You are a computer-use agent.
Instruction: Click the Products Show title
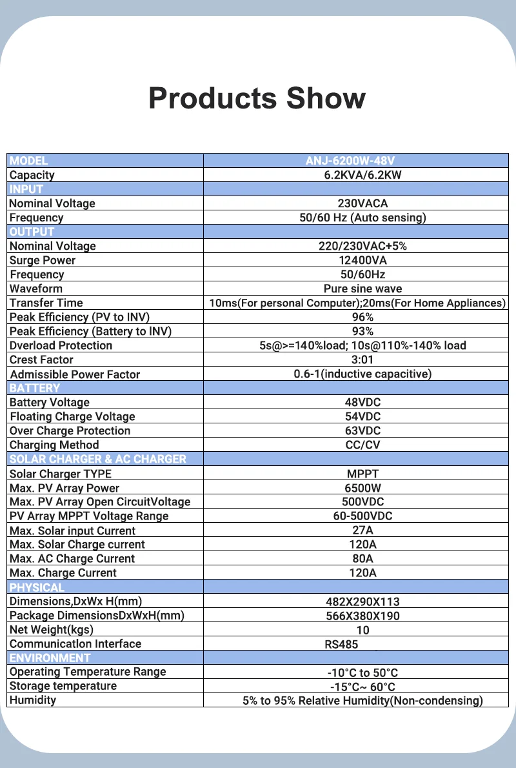pyautogui.click(x=257, y=98)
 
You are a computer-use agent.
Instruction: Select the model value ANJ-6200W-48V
pyautogui.click(x=359, y=161)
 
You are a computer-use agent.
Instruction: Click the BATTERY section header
pyautogui.click(x=35, y=388)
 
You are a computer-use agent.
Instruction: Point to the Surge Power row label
pyautogui.click(x=43, y=260)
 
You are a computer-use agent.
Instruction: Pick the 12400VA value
pyautogui.click(x=362, y=260)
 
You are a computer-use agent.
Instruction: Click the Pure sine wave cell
pyautogui.click(x=362, y=288)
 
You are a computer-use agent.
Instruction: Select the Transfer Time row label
pyautogui.click(x=46, y=303)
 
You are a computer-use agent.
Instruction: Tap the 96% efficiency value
pyautogui.click(x=362, y=317)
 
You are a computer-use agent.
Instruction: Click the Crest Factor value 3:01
pyautogui.click(x=362, y=359)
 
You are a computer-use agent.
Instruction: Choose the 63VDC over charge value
pyautogui.click(x=362, y=430)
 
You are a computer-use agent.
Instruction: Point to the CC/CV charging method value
pyautogui.click(x=362, y=445)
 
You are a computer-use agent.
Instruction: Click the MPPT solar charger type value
pyautogui.click(x=362, y=474)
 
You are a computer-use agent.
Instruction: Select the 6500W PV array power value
pyautogui.click(x=362, y=488)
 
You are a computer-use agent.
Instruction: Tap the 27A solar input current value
pyautogui.click(x=362, y=531)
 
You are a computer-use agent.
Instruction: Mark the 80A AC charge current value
pyautogui.click(x=362, y=558)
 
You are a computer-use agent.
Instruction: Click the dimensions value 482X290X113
pyautogui.click(x=362, y=601)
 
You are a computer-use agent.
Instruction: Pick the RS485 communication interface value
pyautogui.click(x=341, y=643)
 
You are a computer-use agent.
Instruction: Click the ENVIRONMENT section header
pyautogui.click(x=50, y=658)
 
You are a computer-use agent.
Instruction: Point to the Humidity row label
pyautogui.click(x=33, y=700)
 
